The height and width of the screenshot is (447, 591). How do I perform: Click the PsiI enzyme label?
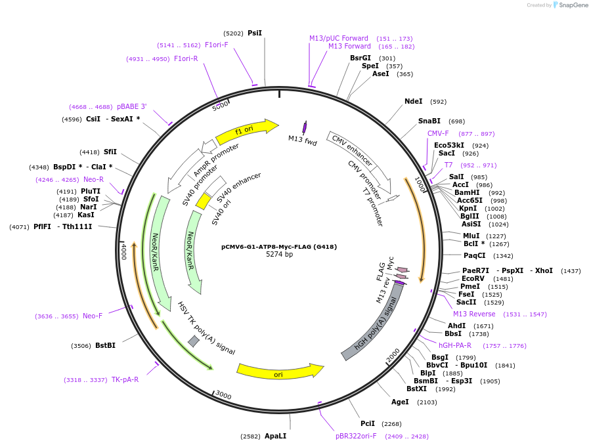coord(255,33)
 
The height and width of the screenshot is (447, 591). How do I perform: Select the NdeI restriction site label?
coord(414,102)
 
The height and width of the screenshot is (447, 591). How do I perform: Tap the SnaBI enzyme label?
coord(429,121)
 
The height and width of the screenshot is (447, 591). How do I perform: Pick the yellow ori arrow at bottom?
coord(280,372)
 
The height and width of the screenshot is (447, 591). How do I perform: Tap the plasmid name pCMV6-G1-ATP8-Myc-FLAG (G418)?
coord(279,247)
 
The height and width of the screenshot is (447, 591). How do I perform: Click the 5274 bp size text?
coord(279,255)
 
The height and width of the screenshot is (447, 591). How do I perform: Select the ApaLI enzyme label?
coord(275,436)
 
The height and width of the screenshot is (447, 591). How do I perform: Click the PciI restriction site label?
coord(368,424)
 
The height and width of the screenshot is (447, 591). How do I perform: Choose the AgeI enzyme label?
coord(400,402)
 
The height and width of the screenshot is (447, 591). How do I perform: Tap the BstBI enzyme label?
coord(105,345)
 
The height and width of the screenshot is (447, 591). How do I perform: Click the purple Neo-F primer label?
coord(93,316)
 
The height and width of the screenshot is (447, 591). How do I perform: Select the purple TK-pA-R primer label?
coord(125,379)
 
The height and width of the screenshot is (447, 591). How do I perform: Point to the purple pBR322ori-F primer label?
coord(356,436)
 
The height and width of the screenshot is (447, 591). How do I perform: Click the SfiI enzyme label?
coord(110,152)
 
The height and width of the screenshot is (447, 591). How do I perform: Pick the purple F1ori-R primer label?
coord(186,59)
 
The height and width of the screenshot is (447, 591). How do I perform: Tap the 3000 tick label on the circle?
coord(223,395)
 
